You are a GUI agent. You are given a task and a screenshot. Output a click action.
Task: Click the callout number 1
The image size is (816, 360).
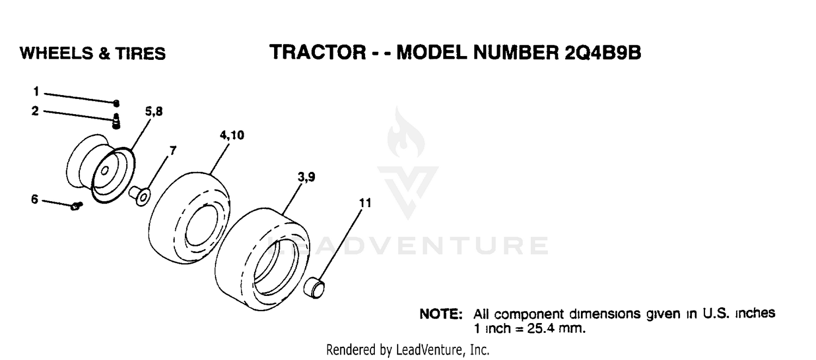tap(36, 91)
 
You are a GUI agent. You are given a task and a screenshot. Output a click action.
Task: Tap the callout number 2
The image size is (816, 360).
tap(35, 110)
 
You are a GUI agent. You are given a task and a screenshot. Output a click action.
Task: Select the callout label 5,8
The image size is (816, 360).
tap(154, 111)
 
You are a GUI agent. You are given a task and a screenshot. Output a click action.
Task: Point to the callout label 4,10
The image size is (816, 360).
tap(232, 135)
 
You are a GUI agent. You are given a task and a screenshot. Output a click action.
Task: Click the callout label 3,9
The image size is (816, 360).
tap(306, 177)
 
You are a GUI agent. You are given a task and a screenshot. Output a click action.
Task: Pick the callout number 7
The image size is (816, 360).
tap(172, 150)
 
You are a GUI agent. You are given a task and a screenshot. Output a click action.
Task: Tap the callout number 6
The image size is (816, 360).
tap(35, 199)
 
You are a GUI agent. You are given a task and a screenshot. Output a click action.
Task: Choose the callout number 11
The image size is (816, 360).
tap(365, 203)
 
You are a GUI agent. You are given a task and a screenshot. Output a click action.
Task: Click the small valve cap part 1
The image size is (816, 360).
tap(116, 103)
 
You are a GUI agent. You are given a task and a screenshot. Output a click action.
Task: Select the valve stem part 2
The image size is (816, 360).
tap(116, 121)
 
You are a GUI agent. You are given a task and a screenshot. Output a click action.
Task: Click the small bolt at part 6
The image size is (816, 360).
tap(77, 206)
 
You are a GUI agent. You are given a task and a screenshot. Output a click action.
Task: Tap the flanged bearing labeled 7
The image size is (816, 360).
tap(140, 195)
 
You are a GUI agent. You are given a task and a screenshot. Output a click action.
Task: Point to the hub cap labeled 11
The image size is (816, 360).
tap(314, 288)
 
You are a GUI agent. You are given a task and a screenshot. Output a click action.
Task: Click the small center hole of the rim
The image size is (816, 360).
tap(105, 170)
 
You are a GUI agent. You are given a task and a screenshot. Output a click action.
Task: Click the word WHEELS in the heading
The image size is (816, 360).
tap(57, 53)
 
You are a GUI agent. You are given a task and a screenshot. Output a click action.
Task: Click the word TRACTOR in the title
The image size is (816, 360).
tap(318, 52)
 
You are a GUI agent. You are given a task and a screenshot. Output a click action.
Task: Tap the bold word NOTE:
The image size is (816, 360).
tap(441, 314)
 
